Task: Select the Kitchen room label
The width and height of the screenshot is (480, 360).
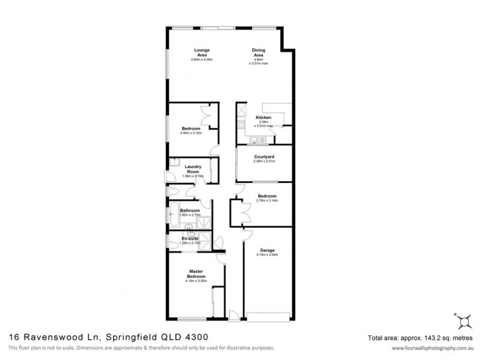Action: pyautogui.click(x=264, y=118)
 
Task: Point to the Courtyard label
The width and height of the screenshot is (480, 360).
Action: pyautogui.click(x=263, y=157)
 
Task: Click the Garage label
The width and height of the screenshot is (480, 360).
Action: pyautogui.click(x=267, y=250)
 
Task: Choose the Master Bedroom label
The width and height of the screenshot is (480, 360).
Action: pyautogui.click(x=197, y=273)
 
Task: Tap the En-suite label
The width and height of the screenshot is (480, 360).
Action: pyautogui.click(x=190, y=239)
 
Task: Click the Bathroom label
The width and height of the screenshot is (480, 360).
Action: pyautogui.click(x=190, y=211)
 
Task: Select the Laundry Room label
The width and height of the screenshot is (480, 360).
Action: pyautogui.click(x=193, y=169)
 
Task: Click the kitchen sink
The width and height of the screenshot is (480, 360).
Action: pyautogui.click(x=256, y=141)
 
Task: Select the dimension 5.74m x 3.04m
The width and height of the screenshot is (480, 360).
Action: pyautogui.click(x=267, y=255)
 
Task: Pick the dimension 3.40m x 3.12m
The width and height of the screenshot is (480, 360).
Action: pyautogui.click(x=191, y=133)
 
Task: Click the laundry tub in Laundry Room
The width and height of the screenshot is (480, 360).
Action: pyautogui.click(x=174, y=161)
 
